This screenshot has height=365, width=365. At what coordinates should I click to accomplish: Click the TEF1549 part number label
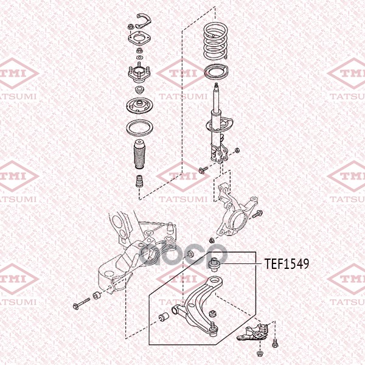pyautogui.click(x=287, y=264)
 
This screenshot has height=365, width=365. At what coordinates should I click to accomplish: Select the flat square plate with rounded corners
pyautogui.click(x=140, y=43)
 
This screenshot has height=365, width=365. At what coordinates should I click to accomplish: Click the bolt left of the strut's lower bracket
pyautogui.click(x=203, y=169)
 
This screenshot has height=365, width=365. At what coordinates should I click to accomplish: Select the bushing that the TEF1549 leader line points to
pyautogui.click(x=214, y=264)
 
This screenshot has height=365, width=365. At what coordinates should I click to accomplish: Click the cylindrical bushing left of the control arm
pyautogui.click(x=164, y=317)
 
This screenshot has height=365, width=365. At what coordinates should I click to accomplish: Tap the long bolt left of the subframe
pyautogui.click(x=80, y=302)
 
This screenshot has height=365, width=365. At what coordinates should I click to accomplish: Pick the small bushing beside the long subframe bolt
pyautogui.click(x=96, y=297)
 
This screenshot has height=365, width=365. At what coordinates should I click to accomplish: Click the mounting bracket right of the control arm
pyautogui.click(x=257, y=333)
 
